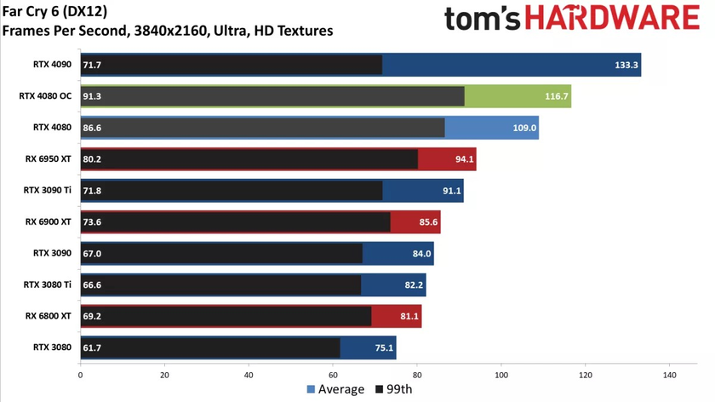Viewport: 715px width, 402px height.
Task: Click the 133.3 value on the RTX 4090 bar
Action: pyautogui.click(x=623, y=65)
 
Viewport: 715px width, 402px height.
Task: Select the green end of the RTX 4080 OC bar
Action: pyautogui.click(x=518, y=96)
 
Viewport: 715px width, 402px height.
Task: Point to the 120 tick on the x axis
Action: pyautogui.click(x=585, y=373)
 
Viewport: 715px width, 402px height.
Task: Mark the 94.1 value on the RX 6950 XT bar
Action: pyautogui.click(x=463, y=159)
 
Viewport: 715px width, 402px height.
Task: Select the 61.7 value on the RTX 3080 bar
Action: pyautogui.click(x=92, y=347)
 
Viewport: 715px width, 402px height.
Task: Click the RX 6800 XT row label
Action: pyautogui.click(x=49, y=316)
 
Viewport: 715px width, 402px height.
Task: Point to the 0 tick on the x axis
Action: pyautogui.click(x=80, y=373)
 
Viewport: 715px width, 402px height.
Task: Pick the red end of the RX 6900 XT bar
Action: pyautogui.click(x=415, y=222)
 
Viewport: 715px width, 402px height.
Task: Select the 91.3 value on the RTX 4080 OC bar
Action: pyautogui.click(x=92, y=96)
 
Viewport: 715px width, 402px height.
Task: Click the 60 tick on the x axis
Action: pyautogui.click(x=333, y=373)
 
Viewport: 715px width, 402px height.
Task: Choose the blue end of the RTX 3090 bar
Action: pyautogui.click(x=398, y=253)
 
